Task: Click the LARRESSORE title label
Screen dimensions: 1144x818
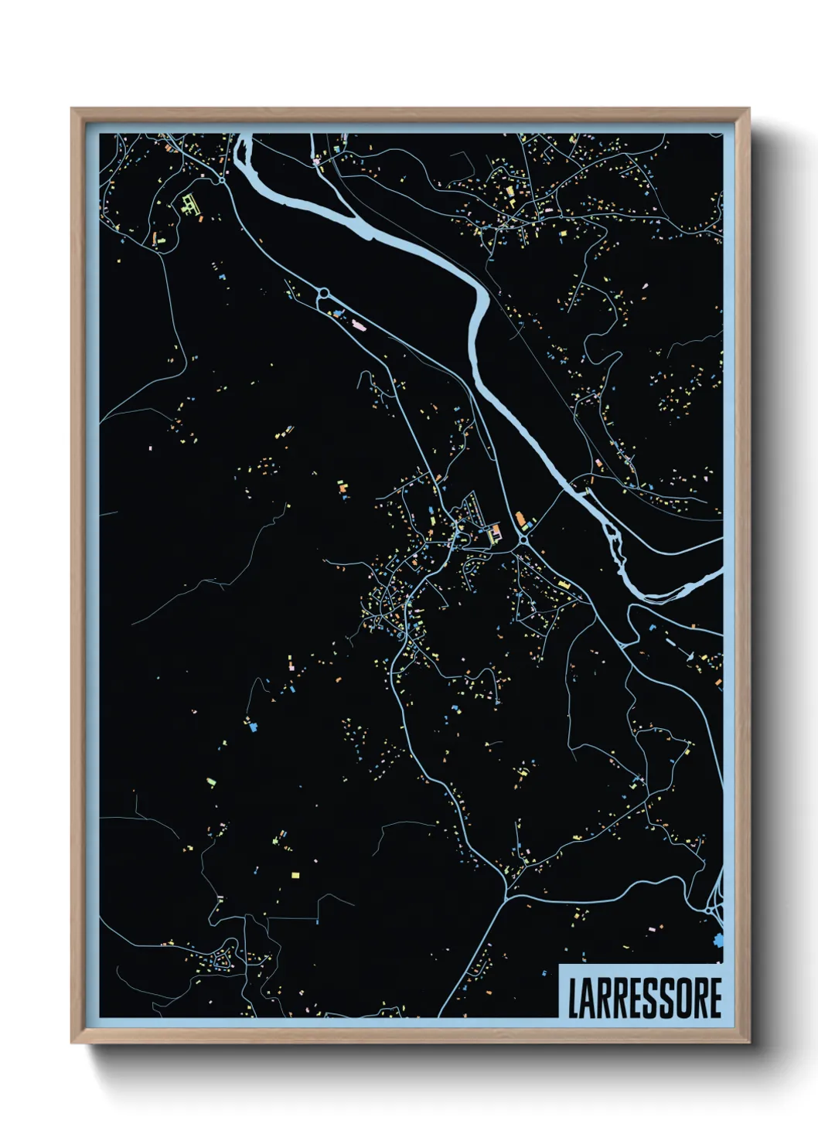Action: tap(644, 998)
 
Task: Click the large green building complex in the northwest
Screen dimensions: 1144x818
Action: tap(189, 204)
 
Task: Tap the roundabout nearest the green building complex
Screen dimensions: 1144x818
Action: tap(223, 180)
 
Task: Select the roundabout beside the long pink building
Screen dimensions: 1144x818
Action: tap(323, 293)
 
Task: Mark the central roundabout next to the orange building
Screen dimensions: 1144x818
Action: tap(523, 539)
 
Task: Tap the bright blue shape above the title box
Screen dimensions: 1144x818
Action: tap(720, 941)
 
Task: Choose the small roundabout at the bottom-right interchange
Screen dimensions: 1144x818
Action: tap(709, 912)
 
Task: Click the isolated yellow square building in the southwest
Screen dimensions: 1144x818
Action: tap(295, 875)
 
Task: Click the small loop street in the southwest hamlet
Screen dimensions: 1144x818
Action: tap(225, 962)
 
